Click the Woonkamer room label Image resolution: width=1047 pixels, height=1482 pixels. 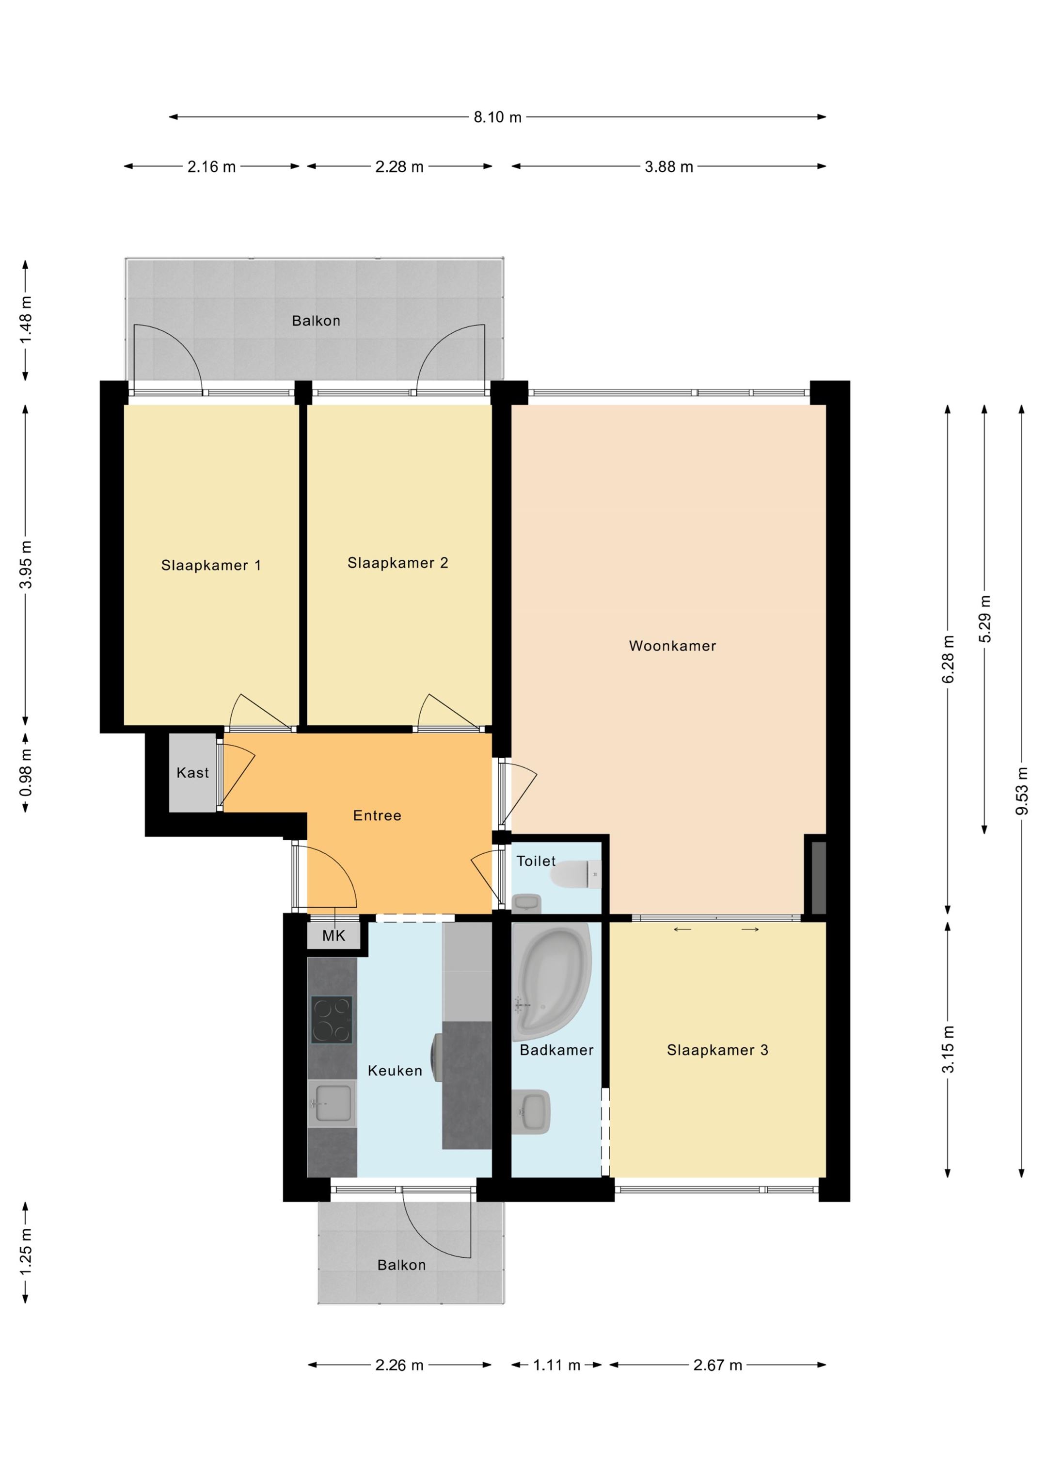coord(672,646)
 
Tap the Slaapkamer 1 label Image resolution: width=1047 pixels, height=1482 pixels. coord(211,566)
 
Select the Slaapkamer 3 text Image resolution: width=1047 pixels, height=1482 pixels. coord(717,1050)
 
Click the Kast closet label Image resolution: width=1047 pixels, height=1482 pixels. coord(192,773)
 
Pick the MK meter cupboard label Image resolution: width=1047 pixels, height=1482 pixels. coord(333,935)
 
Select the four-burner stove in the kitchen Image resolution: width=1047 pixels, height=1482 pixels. coord(332,1020)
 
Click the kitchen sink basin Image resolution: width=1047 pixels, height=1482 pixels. coord(332,1103)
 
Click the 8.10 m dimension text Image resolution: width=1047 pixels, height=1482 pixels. coord(497,117)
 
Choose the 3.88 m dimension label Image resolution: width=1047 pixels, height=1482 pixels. coord(669,166)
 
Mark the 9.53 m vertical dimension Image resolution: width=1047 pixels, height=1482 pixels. coord(1022,791)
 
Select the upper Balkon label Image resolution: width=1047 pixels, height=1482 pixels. coord(316,321)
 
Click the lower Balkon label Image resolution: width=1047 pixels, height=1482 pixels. coord(401,1265)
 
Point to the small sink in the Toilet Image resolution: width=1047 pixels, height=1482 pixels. coord(527,903)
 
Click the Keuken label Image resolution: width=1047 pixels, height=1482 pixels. coord(395,1071)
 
